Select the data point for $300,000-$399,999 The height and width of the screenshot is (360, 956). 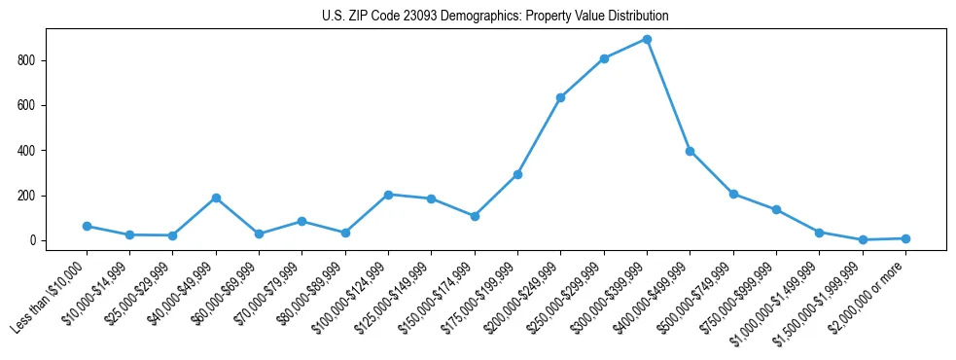tap(647, 40)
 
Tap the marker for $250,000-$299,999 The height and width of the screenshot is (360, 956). tap(604, 58)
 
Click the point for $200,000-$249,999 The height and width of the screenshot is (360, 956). tap(560, 97)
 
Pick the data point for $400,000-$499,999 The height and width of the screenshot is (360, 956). tap(690, 151)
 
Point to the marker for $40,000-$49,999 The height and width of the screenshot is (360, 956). tap(216, 198)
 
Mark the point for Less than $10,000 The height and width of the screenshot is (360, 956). tap(87, 226)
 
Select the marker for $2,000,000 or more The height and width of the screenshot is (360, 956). tap(905, 238)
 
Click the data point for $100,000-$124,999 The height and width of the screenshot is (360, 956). tap(388, 195)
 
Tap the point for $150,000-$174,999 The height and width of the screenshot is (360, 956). tap(475, 216)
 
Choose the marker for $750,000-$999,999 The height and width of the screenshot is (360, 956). tap(776, 209)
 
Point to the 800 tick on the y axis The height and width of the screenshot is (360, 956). tap(32, 60)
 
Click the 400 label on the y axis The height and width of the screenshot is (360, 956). tap(32, 151)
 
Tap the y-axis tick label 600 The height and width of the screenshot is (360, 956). tap(32, 105)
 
